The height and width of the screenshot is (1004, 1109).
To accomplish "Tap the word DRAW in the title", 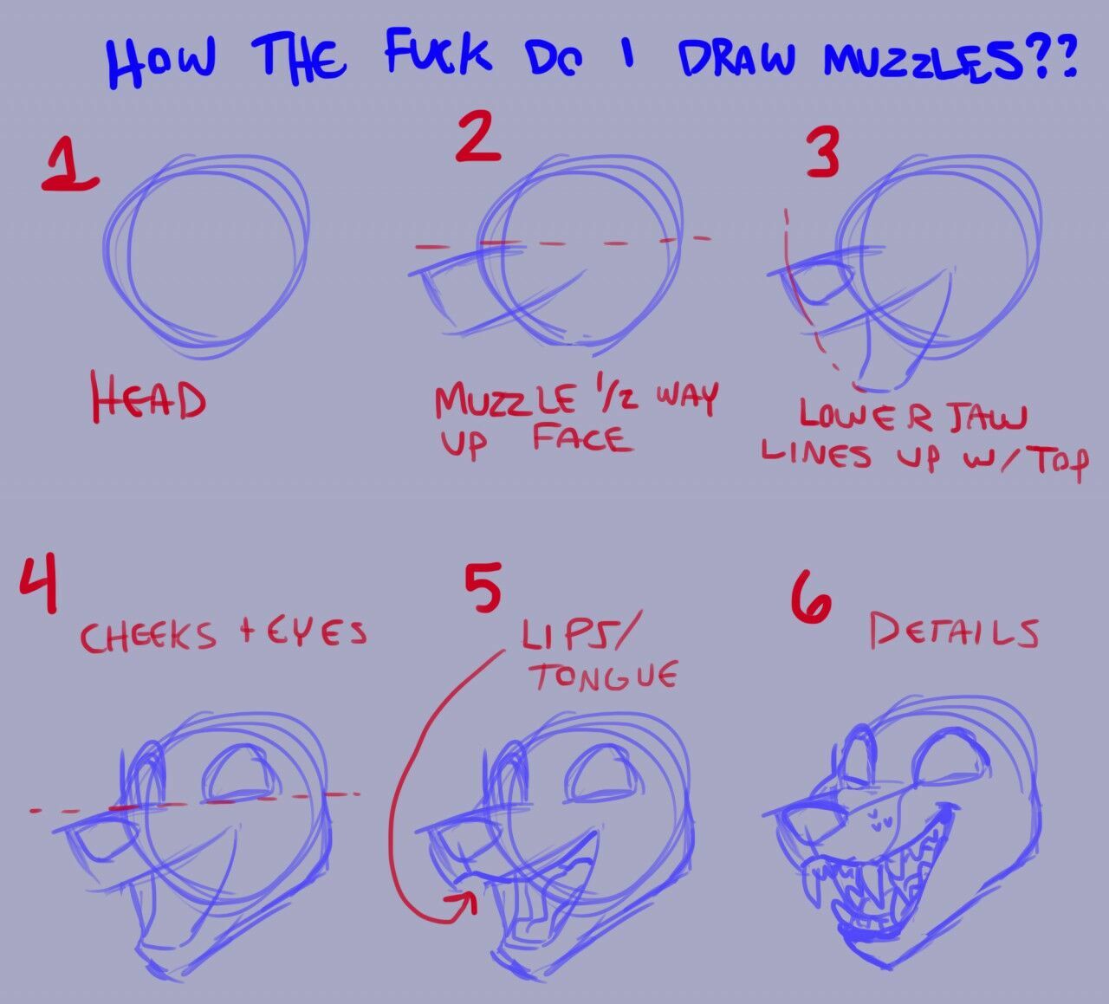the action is coord(737,59).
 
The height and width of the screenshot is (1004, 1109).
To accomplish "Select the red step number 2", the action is coord(478,136).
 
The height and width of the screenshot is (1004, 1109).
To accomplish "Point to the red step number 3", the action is coord(823,152).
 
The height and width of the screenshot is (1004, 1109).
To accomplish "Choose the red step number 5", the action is coord(483,587).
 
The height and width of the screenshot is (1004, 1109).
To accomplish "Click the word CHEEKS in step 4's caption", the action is coord(148,636).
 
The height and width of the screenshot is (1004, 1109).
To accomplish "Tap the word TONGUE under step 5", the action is coord(606,677).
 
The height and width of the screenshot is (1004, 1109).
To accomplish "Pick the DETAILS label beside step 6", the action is coord(954,632).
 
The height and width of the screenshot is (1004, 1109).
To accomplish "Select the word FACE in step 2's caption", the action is coord(582,440).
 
